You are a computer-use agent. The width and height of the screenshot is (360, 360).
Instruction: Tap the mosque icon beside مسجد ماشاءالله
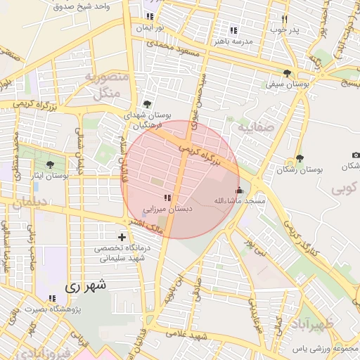pyautogui.click(x=239, y=190)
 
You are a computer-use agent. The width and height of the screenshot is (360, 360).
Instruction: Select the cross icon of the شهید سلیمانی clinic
pyautogui.click(x=122, y=238)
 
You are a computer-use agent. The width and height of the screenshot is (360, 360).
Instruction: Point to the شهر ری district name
pyautogui.click(x=85, y=286)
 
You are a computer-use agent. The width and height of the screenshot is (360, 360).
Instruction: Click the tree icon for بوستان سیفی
pyautogui.click(x=287, y=73)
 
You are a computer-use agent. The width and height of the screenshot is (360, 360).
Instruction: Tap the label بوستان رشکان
pyautogui.click(x=300, y=169)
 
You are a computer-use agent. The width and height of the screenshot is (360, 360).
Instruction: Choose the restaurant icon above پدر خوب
pyautogui.click(x=284, y=20)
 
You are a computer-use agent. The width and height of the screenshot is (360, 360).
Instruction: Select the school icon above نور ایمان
pyautogui.click(x=149, y=16)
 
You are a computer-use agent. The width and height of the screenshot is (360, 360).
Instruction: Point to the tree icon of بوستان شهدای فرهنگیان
pyautogui.click(x=146, y=103)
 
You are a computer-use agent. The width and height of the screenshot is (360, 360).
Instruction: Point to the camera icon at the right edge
pyautogui.click(x=355, y=155)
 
